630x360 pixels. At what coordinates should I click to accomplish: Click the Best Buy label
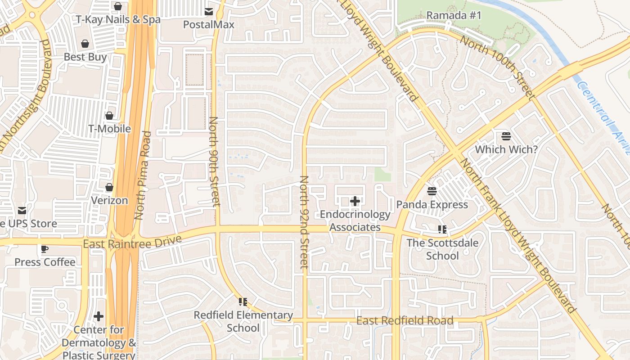(x=85, y=57)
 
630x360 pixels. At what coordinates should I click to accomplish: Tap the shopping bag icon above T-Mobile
(x=109, y=116)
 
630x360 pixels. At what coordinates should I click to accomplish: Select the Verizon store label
(x=109, y=200)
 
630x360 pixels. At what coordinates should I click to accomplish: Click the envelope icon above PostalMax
(x=209, y=11)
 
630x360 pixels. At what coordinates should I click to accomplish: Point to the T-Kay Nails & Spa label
(x=118, y=20)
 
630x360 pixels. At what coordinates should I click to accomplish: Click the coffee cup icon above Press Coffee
(x=45, y=249)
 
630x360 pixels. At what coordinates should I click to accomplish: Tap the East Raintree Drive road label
(x=132, y=242)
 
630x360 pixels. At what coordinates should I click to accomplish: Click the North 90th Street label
(x=214, y=162)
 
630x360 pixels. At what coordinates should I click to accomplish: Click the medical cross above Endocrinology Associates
(x=355, y=201)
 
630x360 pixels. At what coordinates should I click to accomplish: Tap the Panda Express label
(x=432, y=205)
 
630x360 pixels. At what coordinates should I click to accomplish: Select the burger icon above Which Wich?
(x=506, y=136)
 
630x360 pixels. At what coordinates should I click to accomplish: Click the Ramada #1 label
(x=454, y=15)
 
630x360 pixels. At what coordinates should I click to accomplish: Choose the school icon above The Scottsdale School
(x=442, y=230)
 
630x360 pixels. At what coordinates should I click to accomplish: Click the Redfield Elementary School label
(x=243, y=321)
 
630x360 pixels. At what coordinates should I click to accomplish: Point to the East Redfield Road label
(x=405, y=321)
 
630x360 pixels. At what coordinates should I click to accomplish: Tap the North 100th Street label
(x=498, y=67)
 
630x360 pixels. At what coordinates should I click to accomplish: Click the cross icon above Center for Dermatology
(x=99, y=316)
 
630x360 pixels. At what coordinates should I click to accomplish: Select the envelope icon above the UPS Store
(x=22, y=211)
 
